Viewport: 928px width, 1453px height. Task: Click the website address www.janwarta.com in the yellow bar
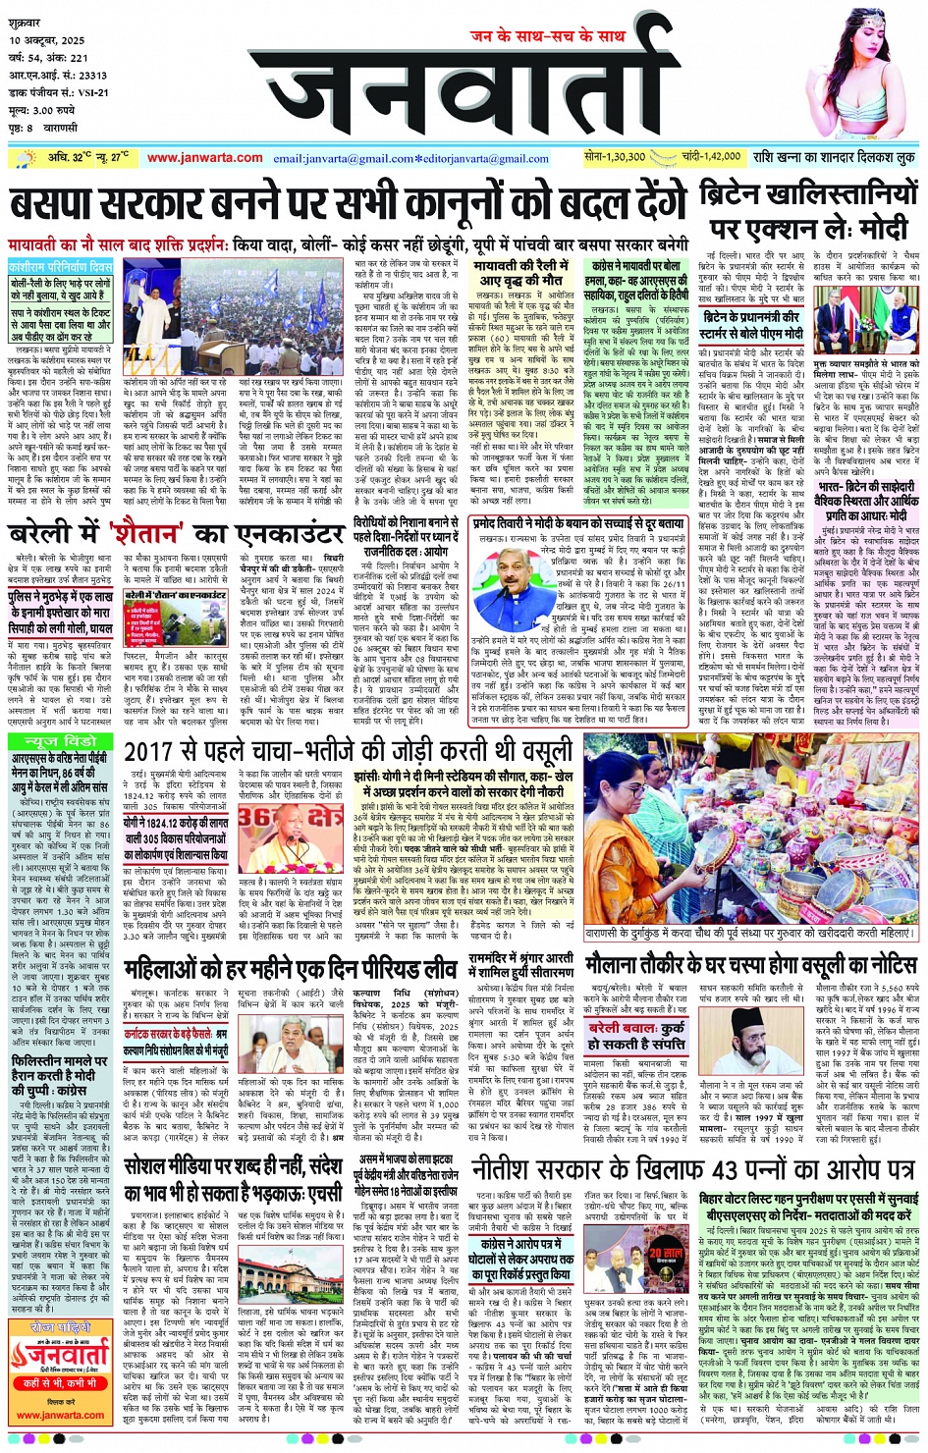(x=204, y=158)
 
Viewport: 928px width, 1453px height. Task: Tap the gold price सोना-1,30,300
(x=615, y=157)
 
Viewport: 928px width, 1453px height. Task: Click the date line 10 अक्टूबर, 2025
(x=47, y=41)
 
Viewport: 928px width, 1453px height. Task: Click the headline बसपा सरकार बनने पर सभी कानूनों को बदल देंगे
(x=349, y=205)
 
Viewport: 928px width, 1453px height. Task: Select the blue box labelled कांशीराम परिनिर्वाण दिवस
(x=61, y=266)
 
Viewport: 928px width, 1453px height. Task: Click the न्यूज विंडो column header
(x=62, y=740)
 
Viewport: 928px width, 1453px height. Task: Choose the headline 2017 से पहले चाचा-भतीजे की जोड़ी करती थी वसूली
(x=349, y=753)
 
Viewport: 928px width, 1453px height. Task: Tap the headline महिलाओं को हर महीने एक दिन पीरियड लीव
(x=289, y=968)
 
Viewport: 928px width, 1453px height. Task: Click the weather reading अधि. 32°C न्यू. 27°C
(x=88, y=157)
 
